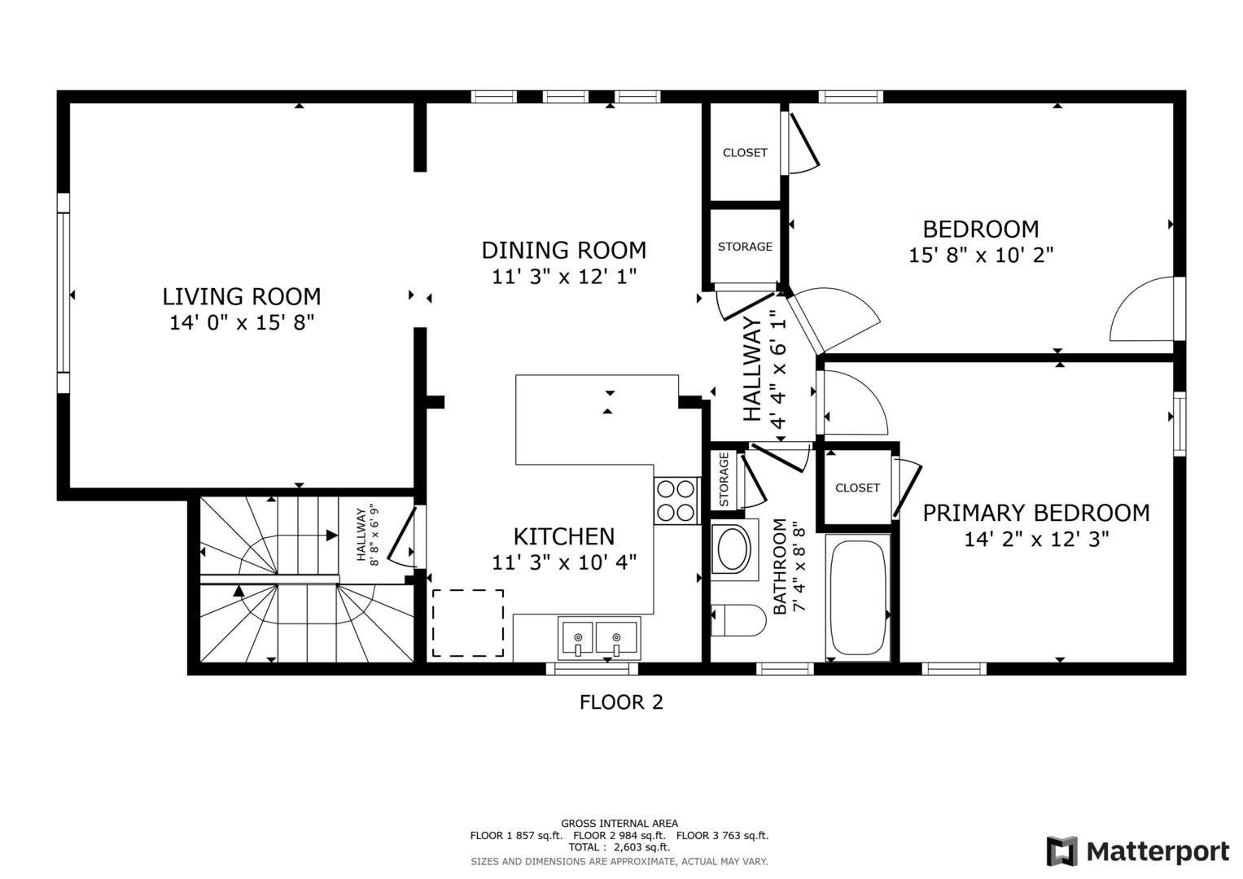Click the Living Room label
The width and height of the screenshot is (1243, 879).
[x=242, y=296]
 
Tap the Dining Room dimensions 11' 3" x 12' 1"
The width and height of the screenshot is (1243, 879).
[x=564, y=277]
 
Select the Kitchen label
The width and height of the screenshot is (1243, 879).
[x=564, y=536]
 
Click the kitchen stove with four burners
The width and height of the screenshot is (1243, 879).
[x=677, y=501]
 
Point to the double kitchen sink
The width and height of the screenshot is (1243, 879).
[x=599, y=638]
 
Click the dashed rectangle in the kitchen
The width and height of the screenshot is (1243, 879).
[x=467, y=623]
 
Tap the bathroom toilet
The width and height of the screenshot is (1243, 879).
[x=737, y=621]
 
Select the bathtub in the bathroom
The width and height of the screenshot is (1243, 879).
[x=857, y=598]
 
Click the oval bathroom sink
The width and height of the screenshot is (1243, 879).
[x=733, y=550]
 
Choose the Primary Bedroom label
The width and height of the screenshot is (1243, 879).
[x=1036, y=513]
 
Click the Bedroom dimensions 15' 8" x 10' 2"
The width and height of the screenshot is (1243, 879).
[x=981, y=256]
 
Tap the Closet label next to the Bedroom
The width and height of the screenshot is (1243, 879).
[x=745, y=153]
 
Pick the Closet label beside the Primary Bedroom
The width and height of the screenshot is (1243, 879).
[x=857, y=488]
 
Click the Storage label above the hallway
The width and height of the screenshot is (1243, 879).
[x=745, y=247]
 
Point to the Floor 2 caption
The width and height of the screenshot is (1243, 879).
[x=621, y=702]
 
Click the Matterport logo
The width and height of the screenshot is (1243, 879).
[x=1138, y=851]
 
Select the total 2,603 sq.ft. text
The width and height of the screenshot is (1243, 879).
[x=619, y=847]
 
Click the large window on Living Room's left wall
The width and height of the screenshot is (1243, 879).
[x=63, y=293]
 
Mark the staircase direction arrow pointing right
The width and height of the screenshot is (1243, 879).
[x=331, y=536]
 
